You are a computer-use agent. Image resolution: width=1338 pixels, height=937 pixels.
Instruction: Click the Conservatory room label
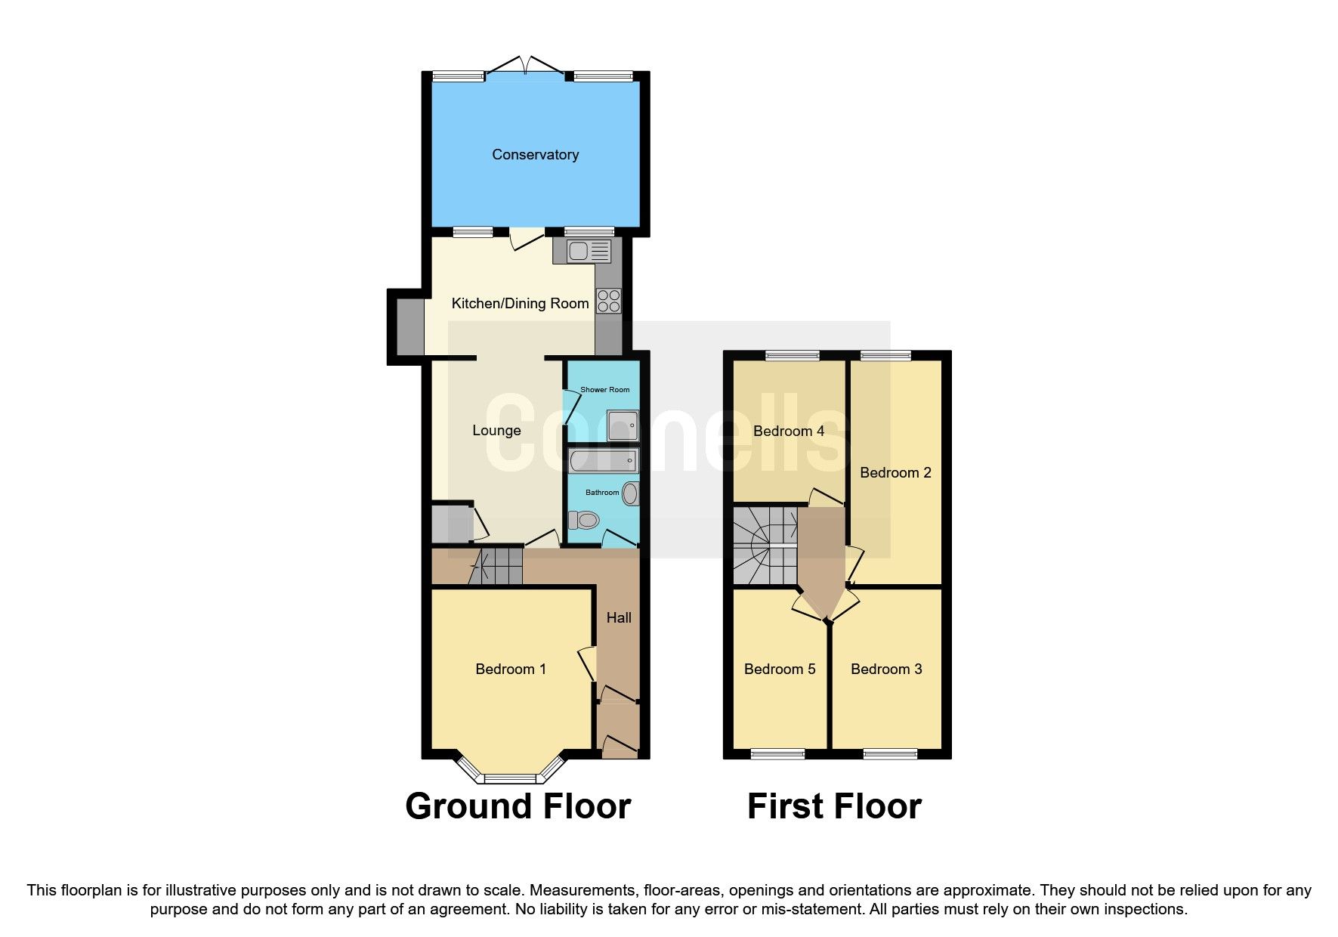click(535, 155)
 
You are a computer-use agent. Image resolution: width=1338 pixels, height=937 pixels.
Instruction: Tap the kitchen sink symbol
click(588, 251)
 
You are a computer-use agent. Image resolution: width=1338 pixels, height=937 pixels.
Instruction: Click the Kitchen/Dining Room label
click(520, 304)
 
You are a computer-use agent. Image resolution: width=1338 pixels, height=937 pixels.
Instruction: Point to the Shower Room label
click(604, 390)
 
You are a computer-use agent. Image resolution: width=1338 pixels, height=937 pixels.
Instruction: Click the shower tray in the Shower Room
click(623, 425)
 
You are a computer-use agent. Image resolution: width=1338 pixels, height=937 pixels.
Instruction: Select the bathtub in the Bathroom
click(603, 460)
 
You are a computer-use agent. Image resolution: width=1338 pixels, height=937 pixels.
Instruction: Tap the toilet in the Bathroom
click(584, 520)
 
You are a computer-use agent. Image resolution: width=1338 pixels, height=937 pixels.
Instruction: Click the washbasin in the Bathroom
click(630, 494)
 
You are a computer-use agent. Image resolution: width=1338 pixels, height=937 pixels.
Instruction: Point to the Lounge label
click(496, 431)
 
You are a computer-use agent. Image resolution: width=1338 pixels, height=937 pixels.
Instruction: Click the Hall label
click(619, 618)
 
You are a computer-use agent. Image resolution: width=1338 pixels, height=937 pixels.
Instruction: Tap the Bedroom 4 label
click(789, 431)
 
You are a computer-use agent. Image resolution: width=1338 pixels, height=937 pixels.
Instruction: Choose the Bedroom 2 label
click(895, 473)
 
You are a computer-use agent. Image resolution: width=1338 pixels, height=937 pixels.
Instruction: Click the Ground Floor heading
click(518, 806)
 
